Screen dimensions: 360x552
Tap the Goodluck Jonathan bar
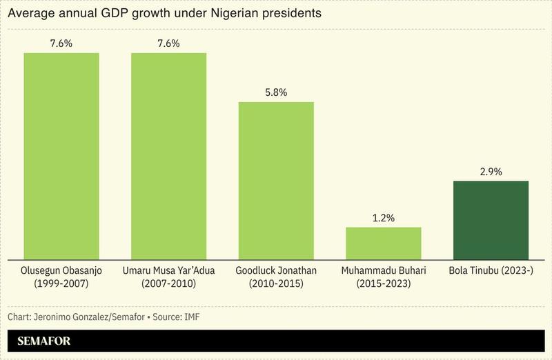(x=276, y=181)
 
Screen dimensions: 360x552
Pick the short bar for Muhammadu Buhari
(x=384, y=243)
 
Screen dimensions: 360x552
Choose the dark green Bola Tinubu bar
(x=491, y=220)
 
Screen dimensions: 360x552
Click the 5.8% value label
(x=276, y=92)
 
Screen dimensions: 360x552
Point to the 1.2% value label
(x=384, y=217)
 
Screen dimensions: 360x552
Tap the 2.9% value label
(x=491, y=170)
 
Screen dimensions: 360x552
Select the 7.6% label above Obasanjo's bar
(x=61, y=43)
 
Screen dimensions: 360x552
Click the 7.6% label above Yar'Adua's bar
(x=169, y=43)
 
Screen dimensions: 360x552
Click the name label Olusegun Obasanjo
(x=61, y=271)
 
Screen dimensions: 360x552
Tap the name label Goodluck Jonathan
(x=276, y=271)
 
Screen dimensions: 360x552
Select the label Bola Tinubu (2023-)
(x=491, y=271)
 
